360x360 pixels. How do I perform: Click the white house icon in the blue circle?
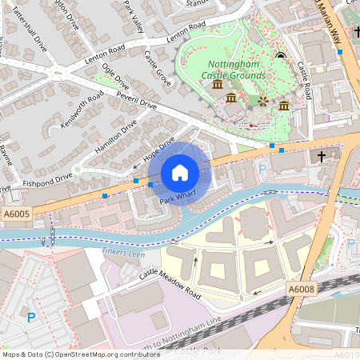(180, 172)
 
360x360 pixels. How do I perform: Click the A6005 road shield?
(16, 214)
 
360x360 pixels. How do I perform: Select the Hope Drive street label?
(160, 151)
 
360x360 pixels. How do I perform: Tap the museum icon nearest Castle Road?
(285, 105)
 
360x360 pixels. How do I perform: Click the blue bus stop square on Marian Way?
(340, 51)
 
